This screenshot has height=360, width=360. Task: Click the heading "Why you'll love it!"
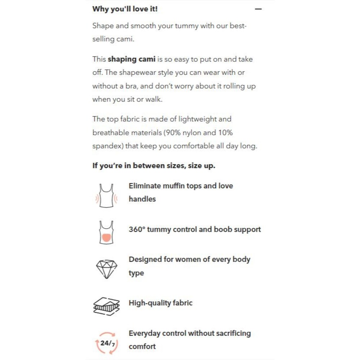(x=125, y=9)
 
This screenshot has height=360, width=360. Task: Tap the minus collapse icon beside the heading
(x=258, y=9)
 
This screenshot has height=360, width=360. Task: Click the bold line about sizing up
(x=154, y=166)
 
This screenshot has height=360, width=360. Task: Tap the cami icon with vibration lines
(x=105, y=196)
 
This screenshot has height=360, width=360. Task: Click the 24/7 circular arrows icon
(x=106, y=343)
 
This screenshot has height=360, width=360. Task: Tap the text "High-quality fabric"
(x=161, y=303)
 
